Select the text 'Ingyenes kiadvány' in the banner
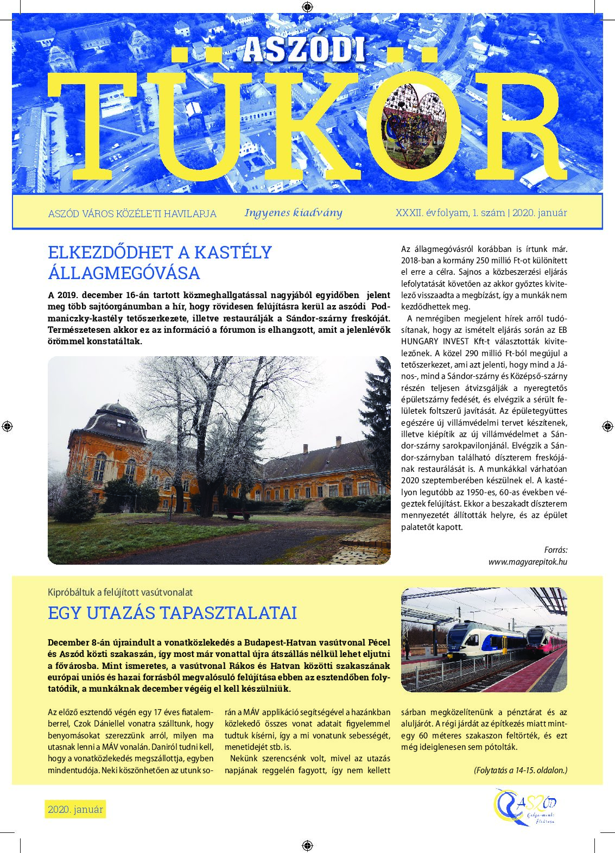(x=293, y=212)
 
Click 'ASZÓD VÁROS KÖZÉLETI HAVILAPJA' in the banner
(x=132, y=213)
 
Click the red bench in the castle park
(x=238, y=514)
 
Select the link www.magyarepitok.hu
(x=528, y=561)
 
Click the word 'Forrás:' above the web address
(x=555, y=549)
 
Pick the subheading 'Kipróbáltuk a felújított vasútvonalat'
(x=120, y=592)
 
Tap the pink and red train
(x=545, y=641)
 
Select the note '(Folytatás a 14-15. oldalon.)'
(x=520, y=770)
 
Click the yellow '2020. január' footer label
(x=75, y=810)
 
